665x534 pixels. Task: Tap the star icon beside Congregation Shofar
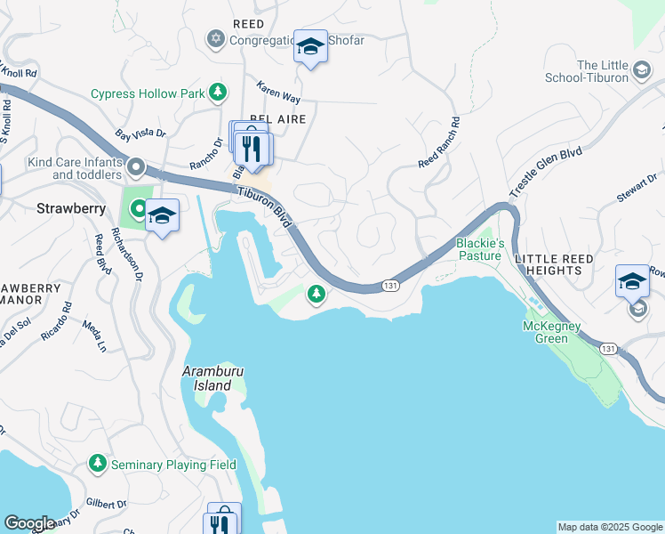214,39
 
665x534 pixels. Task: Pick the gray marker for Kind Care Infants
136,166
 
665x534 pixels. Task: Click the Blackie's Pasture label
480,249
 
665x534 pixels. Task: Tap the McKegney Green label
551,333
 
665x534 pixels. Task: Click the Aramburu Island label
207,378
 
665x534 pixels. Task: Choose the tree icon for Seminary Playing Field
98,464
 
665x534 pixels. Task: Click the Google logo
29,523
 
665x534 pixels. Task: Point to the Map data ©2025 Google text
609,527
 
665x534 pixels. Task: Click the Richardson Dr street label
127,256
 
